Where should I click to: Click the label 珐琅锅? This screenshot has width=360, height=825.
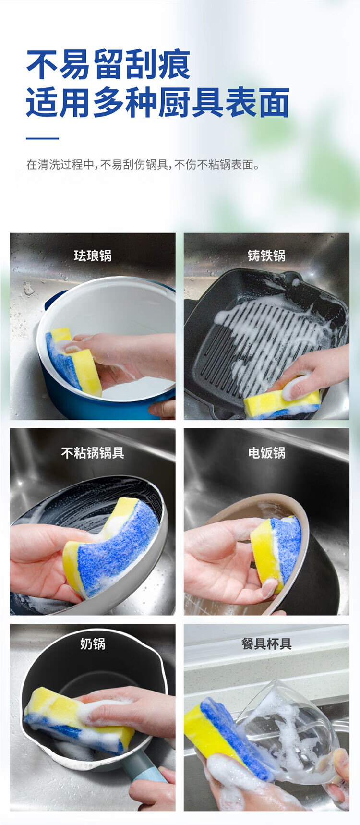93,255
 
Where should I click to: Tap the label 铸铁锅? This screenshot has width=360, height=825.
266,255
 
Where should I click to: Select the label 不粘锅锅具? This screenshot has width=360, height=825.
93,452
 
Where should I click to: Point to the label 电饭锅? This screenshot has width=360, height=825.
266,452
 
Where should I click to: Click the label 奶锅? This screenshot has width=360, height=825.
93,643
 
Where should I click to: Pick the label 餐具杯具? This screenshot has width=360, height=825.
266,643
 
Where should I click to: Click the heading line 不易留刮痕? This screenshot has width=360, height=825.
108,64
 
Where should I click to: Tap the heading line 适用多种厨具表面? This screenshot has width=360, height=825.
158,103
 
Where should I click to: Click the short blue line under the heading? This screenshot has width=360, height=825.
42,138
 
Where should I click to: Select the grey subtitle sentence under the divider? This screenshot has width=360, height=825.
143,165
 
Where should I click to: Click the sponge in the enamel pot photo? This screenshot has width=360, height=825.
73,361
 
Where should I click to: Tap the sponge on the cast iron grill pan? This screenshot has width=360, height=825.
282,403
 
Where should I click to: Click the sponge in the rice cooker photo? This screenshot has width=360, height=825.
276,552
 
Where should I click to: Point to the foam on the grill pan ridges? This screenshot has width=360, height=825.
269,336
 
